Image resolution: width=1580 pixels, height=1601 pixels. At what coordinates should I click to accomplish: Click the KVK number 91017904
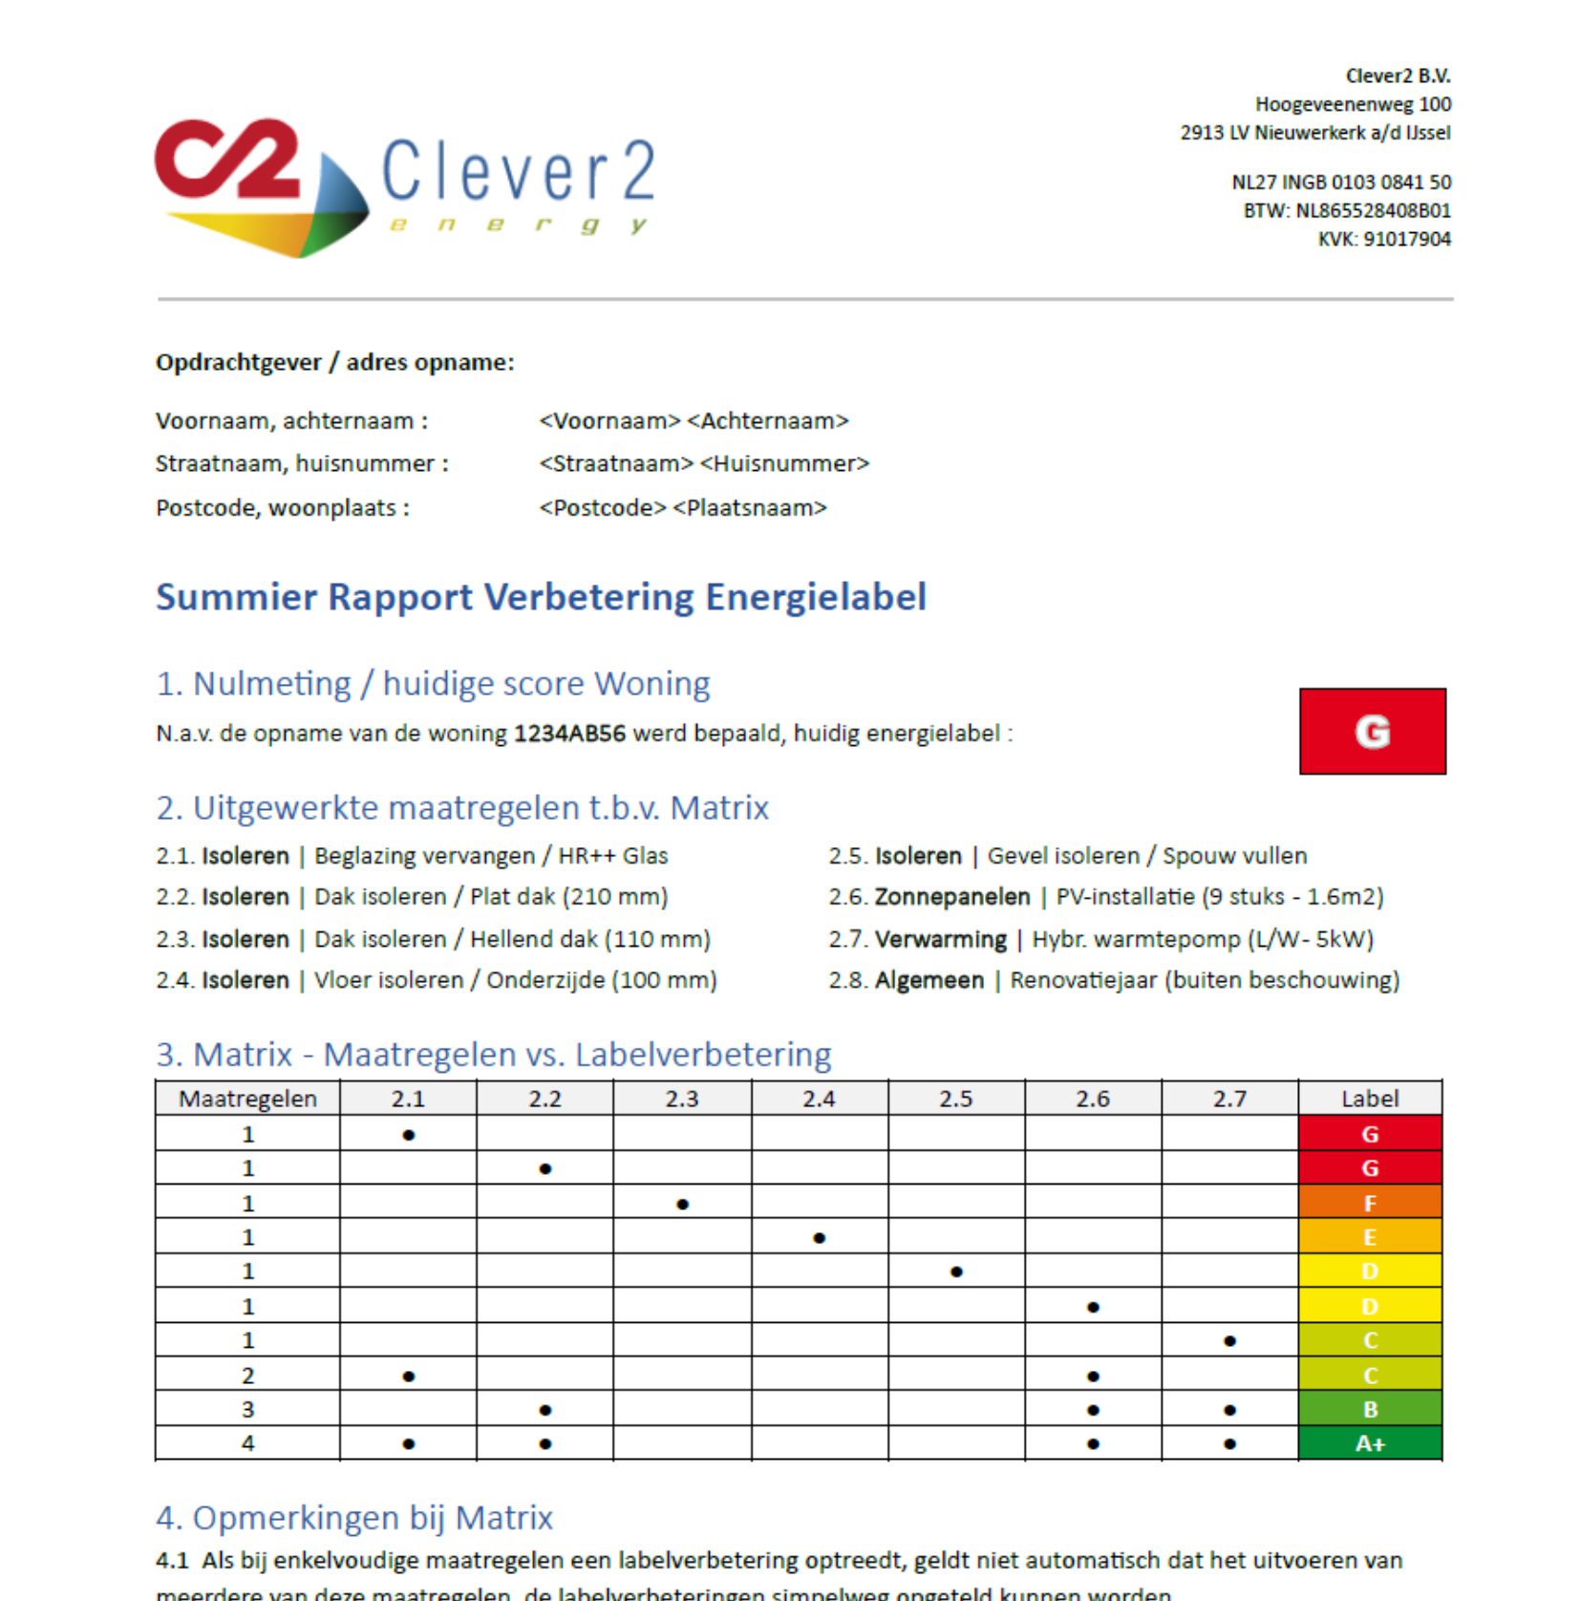click(x=1406, y=239)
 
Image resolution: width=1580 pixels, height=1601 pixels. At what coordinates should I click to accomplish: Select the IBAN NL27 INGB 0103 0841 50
click(x=1340, y=181)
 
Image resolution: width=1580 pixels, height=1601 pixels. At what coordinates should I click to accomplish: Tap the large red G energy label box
click(x=1372, y=731)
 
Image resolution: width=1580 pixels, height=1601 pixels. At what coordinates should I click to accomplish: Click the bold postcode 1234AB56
click(x=569, y=734)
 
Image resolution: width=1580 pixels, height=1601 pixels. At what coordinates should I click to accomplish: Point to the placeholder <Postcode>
click(x=602, y=507)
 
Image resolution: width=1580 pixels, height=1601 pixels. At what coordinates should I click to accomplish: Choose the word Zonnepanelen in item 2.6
click(x=951, y=897)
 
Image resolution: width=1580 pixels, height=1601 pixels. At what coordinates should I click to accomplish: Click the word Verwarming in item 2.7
click(x=940, y=939)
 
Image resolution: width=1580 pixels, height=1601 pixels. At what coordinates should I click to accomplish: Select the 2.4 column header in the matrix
click(x=819, y=1099)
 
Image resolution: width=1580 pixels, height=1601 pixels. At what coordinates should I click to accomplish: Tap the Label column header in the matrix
click(x=1369, y=1099)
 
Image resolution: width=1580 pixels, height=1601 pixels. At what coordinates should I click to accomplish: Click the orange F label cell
click(x=1370, y=1203)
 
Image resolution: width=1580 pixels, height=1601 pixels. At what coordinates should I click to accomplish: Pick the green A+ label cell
click(x=1370, y=1443)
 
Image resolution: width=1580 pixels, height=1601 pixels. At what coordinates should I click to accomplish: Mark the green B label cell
click(x=1370, y=1409)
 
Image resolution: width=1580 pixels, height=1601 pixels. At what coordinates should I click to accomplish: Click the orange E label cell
click(x=1370, y=1237)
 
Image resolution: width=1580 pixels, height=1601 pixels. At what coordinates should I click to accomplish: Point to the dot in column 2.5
click(x=956, y=1271)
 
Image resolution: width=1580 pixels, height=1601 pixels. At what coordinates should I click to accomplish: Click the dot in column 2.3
click(x=682, y=1204)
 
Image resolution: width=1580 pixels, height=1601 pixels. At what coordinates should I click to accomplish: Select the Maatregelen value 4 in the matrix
click(x=247, y=1443)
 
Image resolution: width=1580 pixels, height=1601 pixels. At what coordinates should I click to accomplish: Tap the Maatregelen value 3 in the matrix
click(x=247, y=1409)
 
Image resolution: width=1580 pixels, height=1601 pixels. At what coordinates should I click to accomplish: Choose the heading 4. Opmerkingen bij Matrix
click(x=354, y=1518)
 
